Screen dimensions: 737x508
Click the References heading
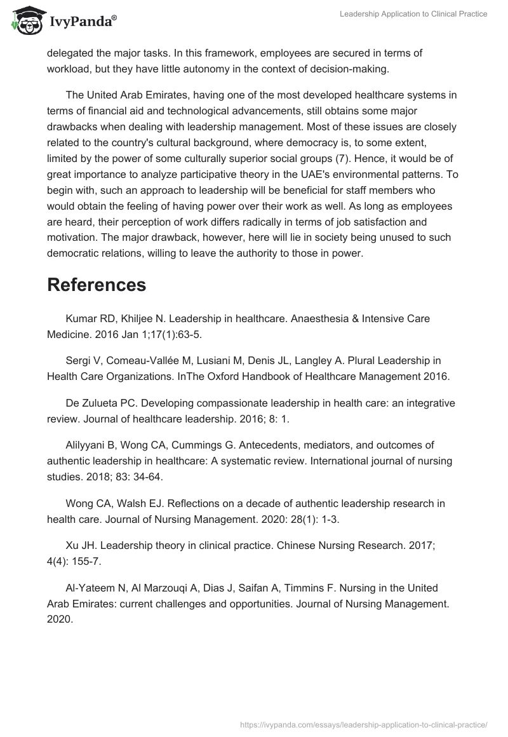point(97,285)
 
